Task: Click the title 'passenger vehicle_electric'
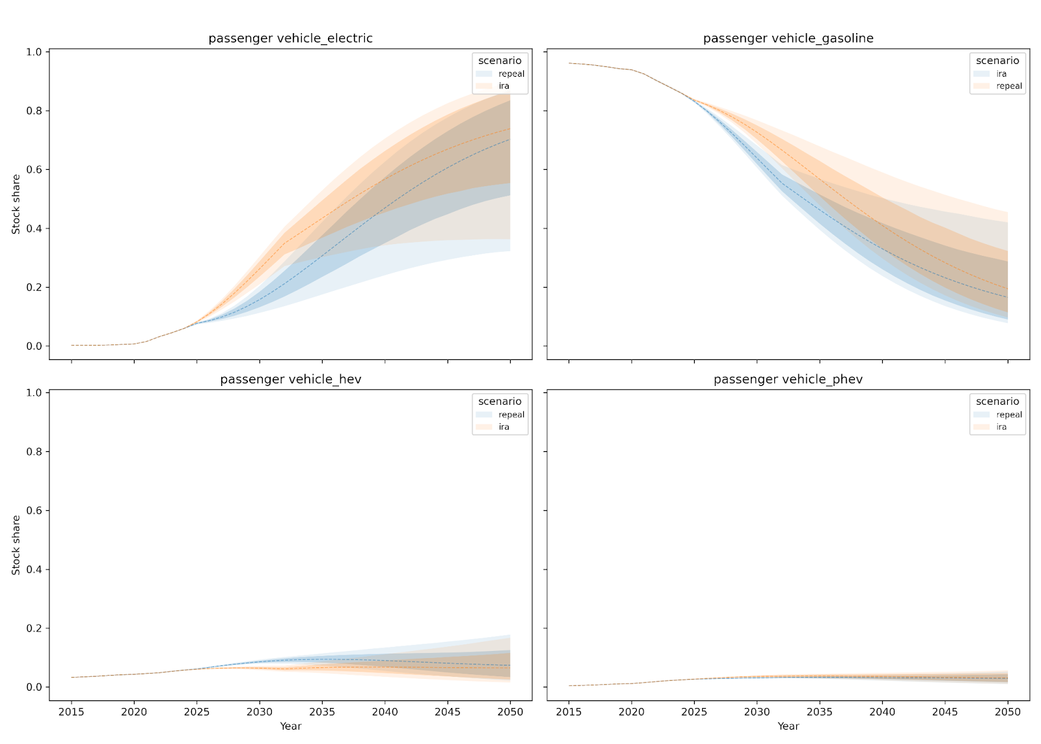tap(290, 38)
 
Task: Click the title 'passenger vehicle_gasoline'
tap(788, 38)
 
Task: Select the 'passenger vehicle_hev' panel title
tap(290, 379)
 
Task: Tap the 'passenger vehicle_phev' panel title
tap(788, 379)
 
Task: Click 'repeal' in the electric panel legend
tap(511, 74)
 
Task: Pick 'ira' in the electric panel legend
tap(504, 86)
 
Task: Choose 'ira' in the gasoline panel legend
tap(1001, 74)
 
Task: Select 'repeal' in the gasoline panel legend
tap(1009, 86)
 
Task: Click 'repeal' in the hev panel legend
tap(511, 415)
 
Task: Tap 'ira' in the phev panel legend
tap(1001, 427)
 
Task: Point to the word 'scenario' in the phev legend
tap(997, 402)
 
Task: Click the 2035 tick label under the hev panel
tap(322, 712)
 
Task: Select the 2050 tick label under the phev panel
tap(1008, 712)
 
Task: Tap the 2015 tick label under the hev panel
tap(72, 712)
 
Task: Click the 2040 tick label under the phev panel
tap(882, 712)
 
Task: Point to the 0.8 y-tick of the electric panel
tap(34, 111)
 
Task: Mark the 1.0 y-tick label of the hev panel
tap(34, 393)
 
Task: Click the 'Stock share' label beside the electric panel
tap(16, 204)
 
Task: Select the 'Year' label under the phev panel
tap(788, 726)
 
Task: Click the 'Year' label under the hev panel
tap(290, 726)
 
